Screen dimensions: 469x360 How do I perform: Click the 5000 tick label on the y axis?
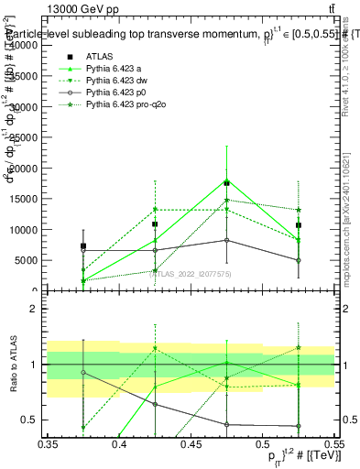25,260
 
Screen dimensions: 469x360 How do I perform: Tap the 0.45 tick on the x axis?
190,445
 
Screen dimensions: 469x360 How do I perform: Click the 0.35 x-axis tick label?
48,445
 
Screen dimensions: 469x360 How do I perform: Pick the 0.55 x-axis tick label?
333,445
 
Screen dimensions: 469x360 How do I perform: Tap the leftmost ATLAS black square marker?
83,245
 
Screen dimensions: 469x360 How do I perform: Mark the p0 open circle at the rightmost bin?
298,260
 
